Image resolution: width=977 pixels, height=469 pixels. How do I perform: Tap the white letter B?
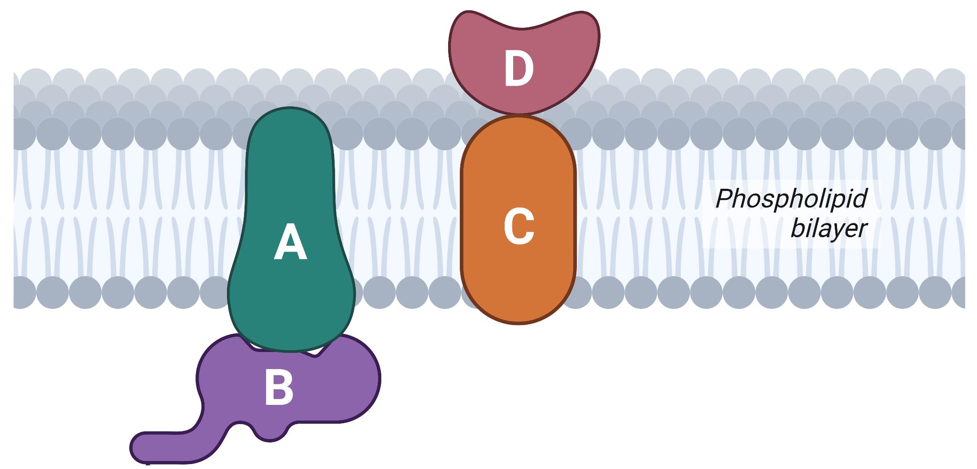tap(279, 388)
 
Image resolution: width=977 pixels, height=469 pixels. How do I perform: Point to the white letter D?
tap(519, 70)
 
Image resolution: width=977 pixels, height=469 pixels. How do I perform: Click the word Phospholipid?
tap(791, 199)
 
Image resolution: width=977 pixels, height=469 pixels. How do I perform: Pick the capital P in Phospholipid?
tap(724, 198)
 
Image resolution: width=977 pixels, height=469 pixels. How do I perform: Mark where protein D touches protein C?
tap(519, 115)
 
